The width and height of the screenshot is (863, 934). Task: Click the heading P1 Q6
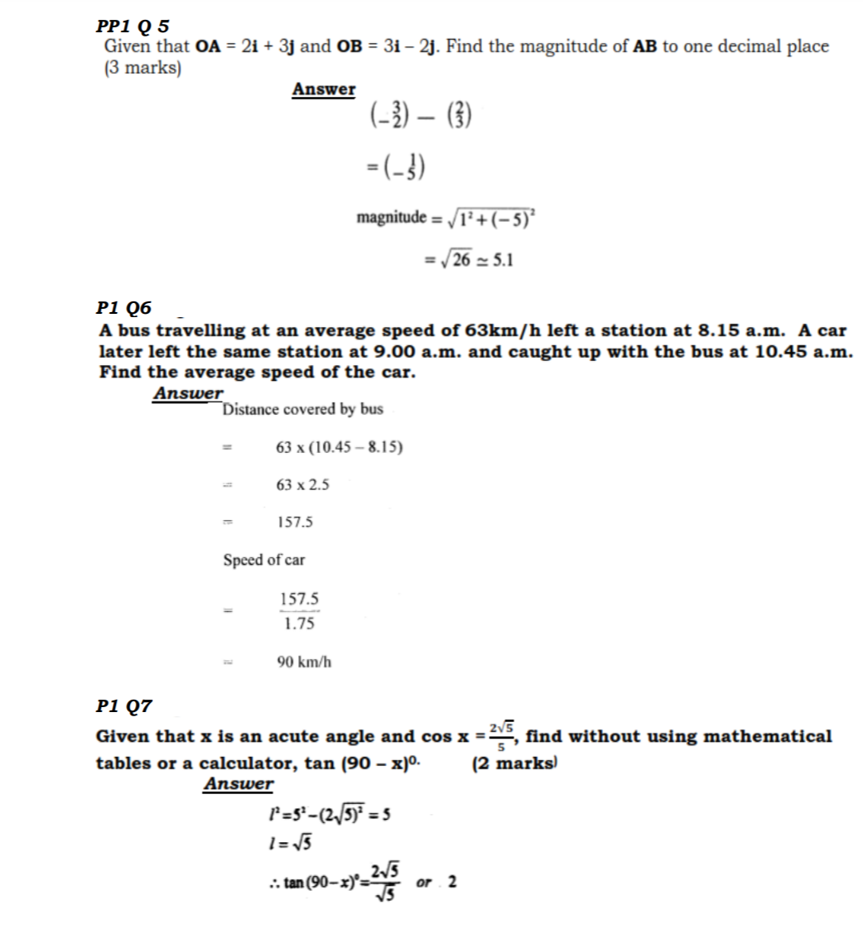[x=124, y=308]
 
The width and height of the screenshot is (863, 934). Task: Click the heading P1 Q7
[x=124, y=706]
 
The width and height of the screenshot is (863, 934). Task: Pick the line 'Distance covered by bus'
[x=303, y=409]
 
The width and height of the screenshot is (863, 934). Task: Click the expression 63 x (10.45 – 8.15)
[x=340, y=447]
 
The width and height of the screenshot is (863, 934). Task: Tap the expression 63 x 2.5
[x=302, y=485]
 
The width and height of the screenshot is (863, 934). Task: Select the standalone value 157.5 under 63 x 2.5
[x=294, y=522]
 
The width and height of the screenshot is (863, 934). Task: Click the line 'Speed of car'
[x=264, y=561]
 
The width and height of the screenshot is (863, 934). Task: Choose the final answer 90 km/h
[x=304, y=662]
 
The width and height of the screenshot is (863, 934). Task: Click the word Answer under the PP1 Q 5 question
[x=323, y=89]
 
